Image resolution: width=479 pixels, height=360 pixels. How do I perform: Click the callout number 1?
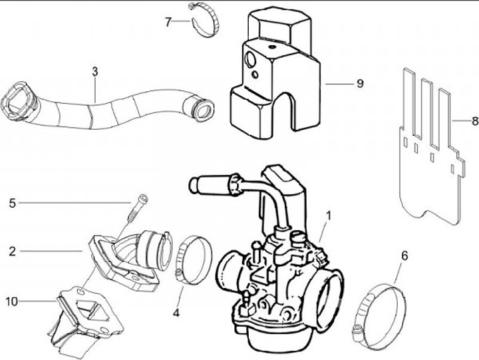tap(328, 217)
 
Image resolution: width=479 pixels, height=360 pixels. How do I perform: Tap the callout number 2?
tap(12, 252)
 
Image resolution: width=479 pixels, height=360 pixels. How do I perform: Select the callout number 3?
tap(95, 70)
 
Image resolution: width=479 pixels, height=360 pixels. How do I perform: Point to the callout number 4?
tap(178, 311)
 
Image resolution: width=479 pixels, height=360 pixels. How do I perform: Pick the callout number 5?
tap(12, 202)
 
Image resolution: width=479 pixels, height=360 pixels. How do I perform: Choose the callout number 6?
tap(405, 255)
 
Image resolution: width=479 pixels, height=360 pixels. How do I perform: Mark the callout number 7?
tap(168, 21)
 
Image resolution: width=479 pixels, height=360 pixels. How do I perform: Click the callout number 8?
tap(474, 121)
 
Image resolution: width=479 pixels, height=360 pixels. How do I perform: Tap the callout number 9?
tap(360, 84)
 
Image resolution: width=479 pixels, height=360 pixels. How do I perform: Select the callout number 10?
tap(12, 301)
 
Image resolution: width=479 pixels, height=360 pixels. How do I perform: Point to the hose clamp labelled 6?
tap(381, 307)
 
